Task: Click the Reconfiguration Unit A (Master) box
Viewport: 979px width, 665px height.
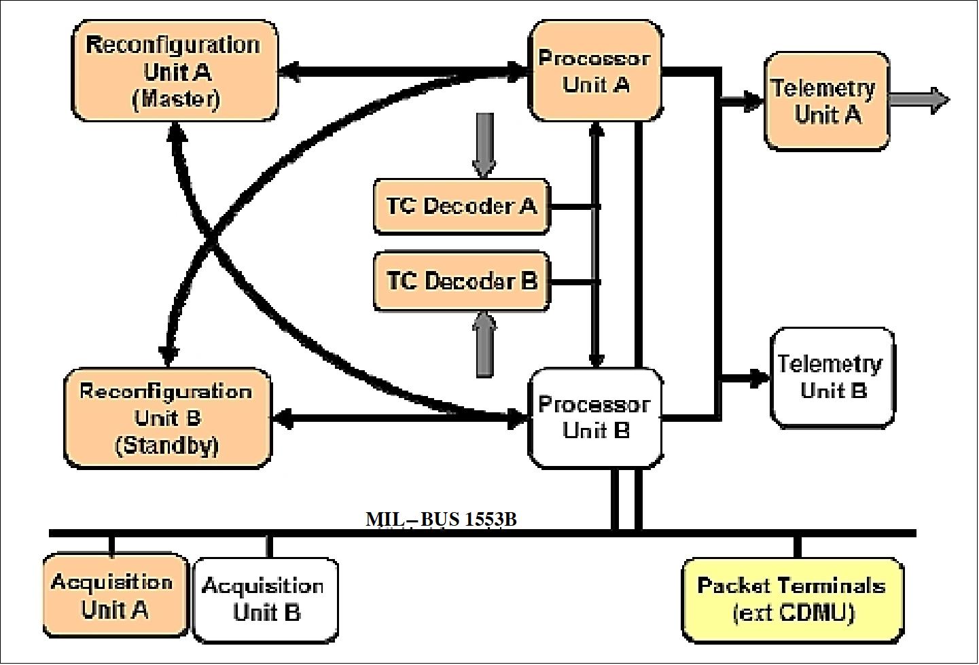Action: (x=174, y=71)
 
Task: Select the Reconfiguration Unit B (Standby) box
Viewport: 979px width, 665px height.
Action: (x=167, y=418)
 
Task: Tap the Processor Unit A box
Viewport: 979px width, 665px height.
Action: (x=595, y=71)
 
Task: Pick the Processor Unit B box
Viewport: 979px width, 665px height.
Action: (x=595, y=418)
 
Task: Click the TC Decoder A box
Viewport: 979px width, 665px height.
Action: (x=461, y=206)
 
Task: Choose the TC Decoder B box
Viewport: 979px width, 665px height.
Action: (x=461, y=281)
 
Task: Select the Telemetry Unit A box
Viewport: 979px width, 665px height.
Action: (x=827, y=101)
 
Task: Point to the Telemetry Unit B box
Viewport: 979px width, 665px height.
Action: (x=832, y=378)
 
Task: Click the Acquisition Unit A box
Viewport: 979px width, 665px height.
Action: (x=114, y=596)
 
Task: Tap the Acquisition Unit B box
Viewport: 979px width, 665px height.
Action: (x=266, y=599)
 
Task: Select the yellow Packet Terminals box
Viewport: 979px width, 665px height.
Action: (x=792, y=599)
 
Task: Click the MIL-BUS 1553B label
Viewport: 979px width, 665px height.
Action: (x=441, y=520)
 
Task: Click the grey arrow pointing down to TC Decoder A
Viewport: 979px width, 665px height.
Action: (x=484, y=145)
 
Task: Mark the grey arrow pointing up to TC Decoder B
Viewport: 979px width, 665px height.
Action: (x=484, y=344)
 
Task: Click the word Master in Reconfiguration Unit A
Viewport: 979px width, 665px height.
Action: (x=175, y=100)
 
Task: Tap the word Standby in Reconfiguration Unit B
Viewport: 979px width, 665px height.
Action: (x=167, y=446)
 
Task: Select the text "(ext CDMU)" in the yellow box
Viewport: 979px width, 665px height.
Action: (x=793, y=613)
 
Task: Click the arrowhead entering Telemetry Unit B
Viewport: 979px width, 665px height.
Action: (x=758, y=378)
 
